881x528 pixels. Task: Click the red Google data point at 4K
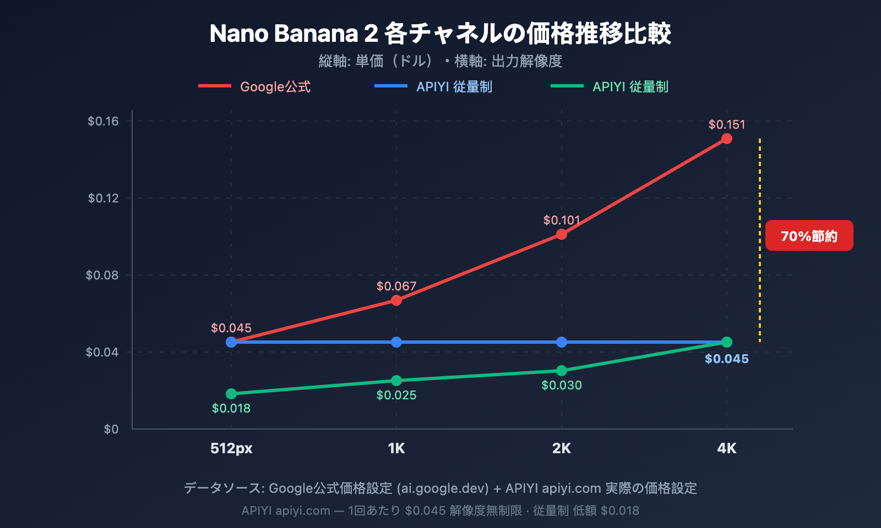tap(726, 139)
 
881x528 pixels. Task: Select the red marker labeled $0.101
tap(561, 234)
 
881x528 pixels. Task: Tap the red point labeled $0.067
tap(396, 300)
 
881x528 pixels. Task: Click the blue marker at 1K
tap(396, 342)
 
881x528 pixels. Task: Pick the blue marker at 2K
tap(561, 342)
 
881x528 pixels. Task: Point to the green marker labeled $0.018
tap(231, 394)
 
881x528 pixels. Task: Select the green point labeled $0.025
tap(396, 381)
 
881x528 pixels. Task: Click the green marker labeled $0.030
tap(561, 371)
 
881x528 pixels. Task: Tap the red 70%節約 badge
tap(809, 236)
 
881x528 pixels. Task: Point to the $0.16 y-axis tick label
tap(103, 121)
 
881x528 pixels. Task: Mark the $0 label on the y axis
tap(111, 429)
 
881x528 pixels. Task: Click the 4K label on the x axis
tap(726, 448)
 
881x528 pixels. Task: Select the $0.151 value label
tap(726, 125)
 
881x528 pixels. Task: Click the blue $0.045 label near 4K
tap(726, 359)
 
